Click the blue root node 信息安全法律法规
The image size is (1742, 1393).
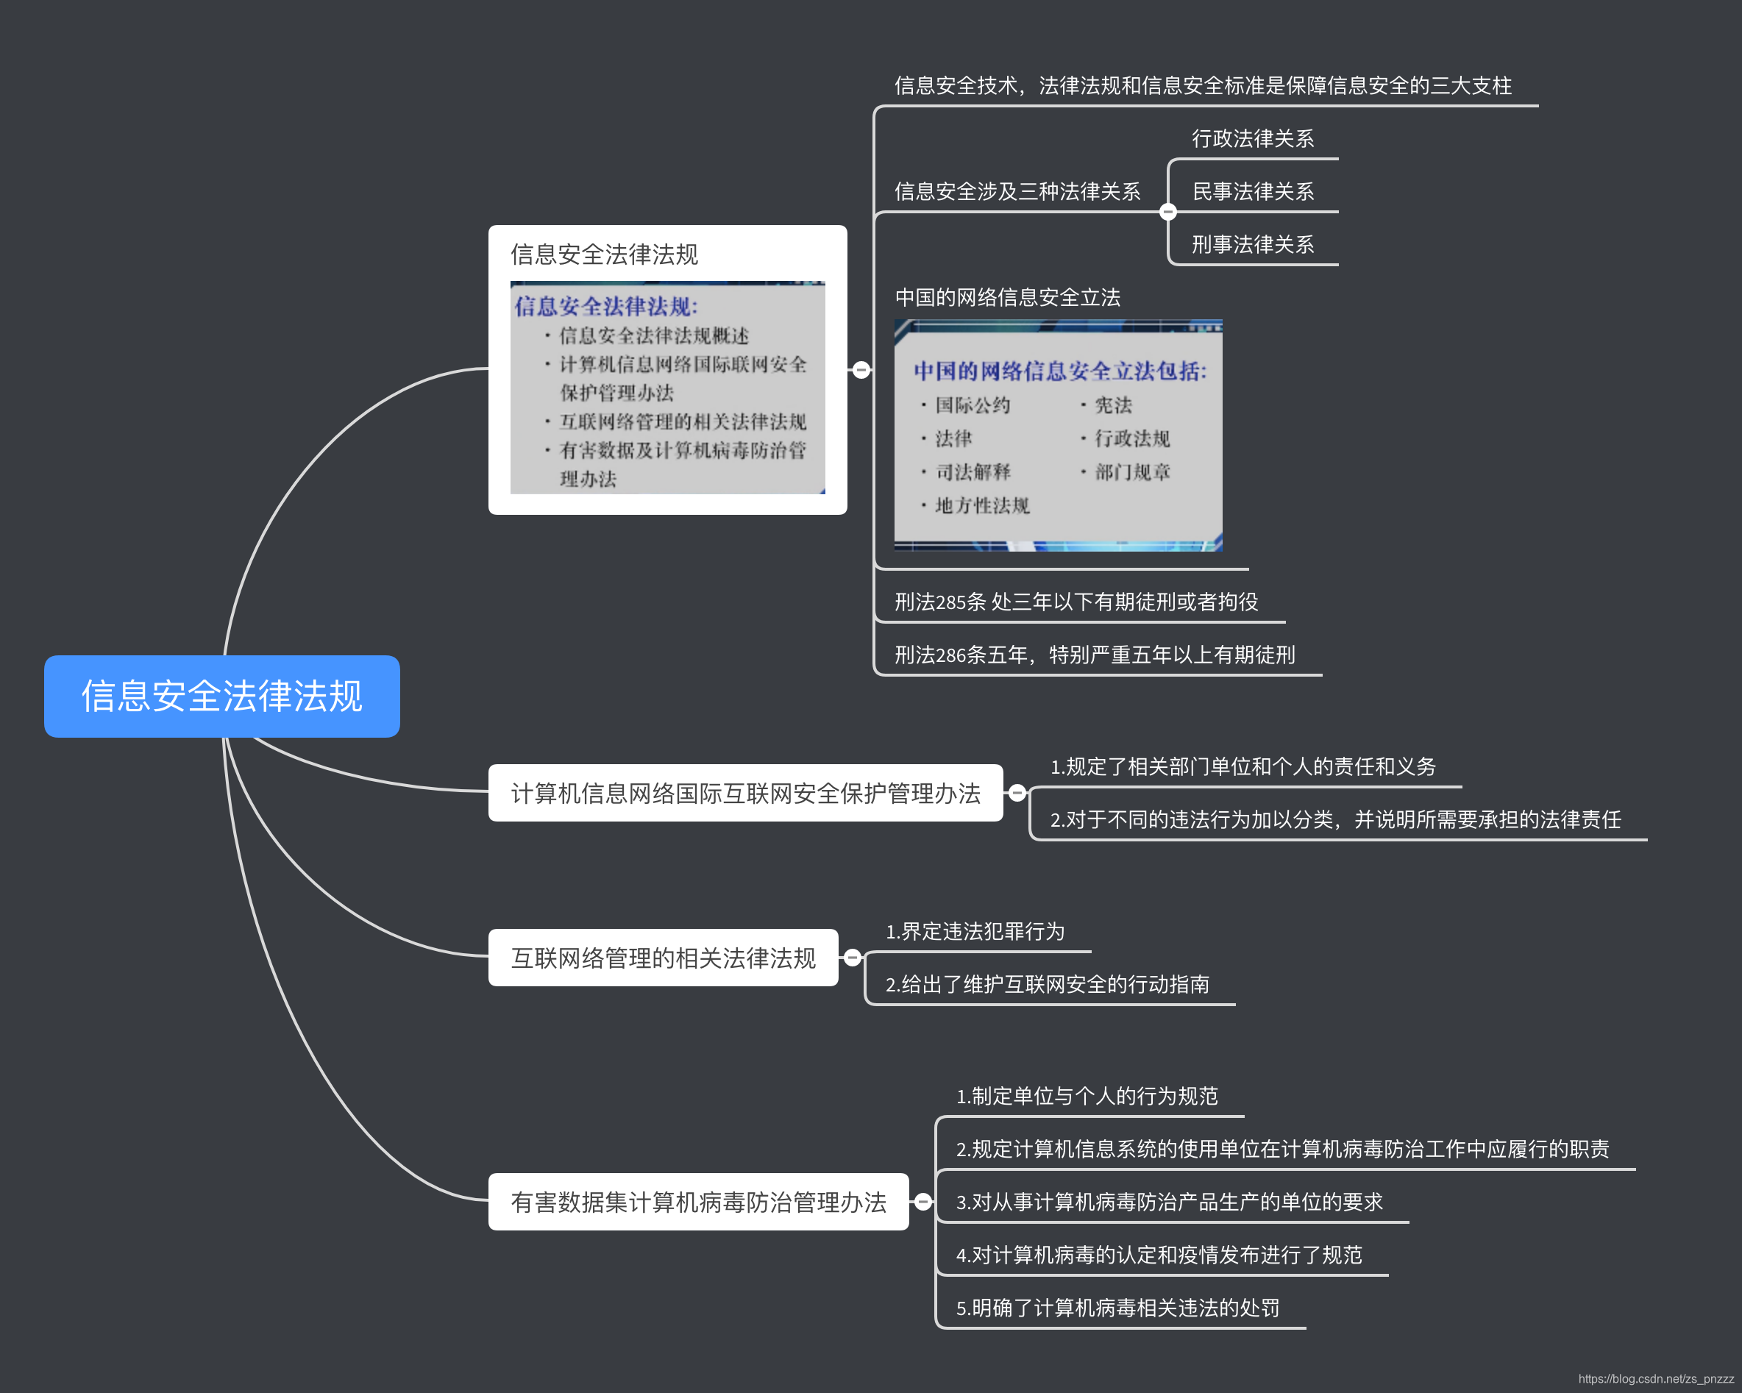(221, 696)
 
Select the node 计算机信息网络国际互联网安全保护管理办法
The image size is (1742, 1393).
(745, 794)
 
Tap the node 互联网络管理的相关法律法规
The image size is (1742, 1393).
(663, 958)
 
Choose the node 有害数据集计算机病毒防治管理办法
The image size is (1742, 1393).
(698, 1202)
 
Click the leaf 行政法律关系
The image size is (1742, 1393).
(1252, 138)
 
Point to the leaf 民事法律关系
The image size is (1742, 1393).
(1252, 191)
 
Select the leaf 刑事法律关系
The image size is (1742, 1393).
(1252, 244)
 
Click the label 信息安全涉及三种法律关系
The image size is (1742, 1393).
(1017, 191)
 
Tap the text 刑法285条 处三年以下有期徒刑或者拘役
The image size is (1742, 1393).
(1076, 602)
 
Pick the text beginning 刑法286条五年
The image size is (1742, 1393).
(1095, 655)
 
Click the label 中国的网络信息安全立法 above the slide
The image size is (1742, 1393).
(1008, 297)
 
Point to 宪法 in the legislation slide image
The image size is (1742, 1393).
(1113, 405)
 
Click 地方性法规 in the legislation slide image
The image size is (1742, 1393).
(981, 506)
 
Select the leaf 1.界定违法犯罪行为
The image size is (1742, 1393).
(975, 932)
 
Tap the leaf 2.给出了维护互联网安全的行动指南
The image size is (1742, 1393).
(1047, 984)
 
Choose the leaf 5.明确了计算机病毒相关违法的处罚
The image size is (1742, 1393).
(1117, 1308)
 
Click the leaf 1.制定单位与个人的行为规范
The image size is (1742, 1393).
(1087, 1096)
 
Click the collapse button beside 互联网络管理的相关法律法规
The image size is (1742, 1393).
(853, 958)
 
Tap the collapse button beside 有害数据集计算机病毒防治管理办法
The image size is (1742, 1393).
(922, 1202)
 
